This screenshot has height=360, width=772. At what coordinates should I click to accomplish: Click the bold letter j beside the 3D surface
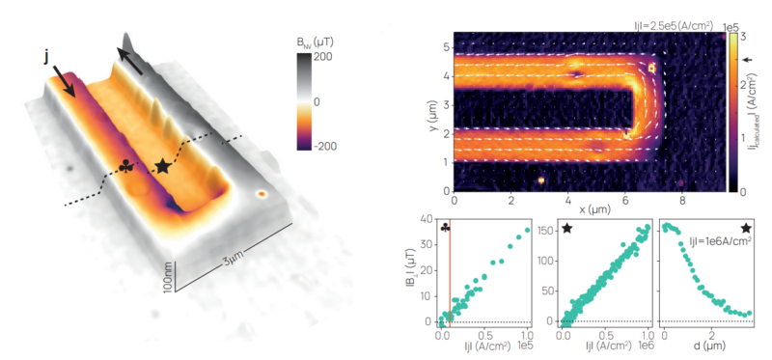pos(45,57)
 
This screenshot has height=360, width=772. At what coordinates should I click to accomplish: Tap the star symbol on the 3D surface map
pos(163,167)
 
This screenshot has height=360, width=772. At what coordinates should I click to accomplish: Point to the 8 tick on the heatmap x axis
pos(683,199)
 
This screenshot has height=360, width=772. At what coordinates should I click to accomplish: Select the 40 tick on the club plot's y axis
pos(426,220)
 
